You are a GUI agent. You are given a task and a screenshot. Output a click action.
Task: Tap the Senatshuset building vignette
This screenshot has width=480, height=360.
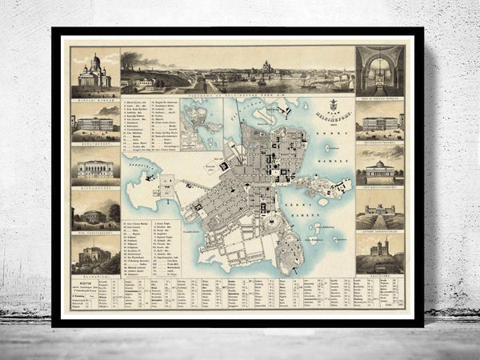click(x=95, y=122)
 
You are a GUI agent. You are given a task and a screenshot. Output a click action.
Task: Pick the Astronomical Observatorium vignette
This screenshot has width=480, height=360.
click(x=380, y=214)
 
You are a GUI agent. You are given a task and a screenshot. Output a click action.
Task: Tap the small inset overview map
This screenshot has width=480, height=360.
click(x=202, y=124)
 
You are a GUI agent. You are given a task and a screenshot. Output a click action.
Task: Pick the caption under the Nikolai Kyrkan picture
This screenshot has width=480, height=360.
click(x=95, y=100)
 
